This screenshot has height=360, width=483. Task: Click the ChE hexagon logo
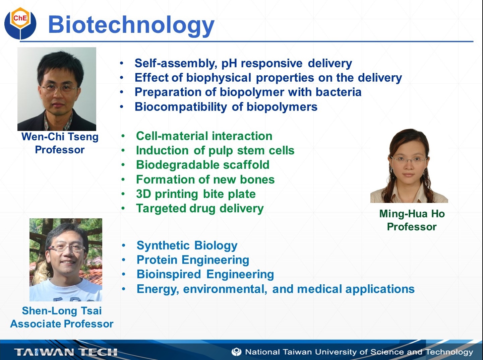pyautogui.click(x=20, y=23)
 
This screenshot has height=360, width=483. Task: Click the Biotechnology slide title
pyautogui.click(x=131, y=25)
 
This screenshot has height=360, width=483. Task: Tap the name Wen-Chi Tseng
pyautogui.click(x=60, y=137)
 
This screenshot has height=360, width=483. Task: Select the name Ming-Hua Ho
pyautogui.click(x=412, y=214)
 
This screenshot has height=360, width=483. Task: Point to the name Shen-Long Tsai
pyautogui.click(x=62, y=311)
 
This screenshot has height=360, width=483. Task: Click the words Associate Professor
pyautogui.click(x=62, y=324)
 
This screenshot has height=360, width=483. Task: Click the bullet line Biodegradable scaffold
pyautogui.click(x=203, y=165)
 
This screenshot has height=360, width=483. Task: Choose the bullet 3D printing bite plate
pyautogui.click(x=196, y=194)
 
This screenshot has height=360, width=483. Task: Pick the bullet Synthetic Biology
pyautogui.click(x=187, y=245)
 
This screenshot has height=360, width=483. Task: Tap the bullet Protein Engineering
pyautogui.click(x=193, y=260)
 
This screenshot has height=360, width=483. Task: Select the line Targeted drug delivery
pyautogui.click(x=200, y=208)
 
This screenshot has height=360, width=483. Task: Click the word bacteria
pyautogui.click(x=339, y=92)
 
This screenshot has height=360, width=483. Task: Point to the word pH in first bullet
pyautogui.click(x=229, y=63)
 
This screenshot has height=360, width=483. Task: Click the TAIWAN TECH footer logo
pyautogui.click(x=66, y=352)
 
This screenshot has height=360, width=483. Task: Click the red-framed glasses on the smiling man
pyautogui.click(x=67, y=248)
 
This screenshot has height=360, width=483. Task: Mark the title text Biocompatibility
pyautogui.click(x=181, y=107)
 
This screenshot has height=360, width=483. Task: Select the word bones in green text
pyautogui.click(x=257, y=179)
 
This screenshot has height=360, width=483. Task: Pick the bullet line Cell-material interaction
pyautogui.click(x=204, y=136)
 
